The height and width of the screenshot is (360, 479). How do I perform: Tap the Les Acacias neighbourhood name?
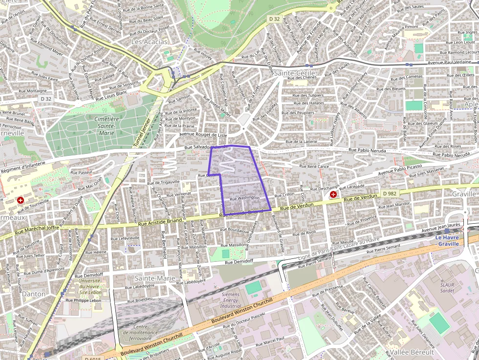(x=149, y=42)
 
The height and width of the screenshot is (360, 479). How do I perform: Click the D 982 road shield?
(x=390, y=193)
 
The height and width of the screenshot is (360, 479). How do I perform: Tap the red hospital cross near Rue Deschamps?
(x=333, y=194)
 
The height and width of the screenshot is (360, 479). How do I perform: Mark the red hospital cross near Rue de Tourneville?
(x=21, y=200)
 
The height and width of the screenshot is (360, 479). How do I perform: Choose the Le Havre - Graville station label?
(x=448, y=240)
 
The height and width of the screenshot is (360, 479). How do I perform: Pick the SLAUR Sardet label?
(x=447, y=287)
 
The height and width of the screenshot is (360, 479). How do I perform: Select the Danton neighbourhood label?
(x=34, y=294)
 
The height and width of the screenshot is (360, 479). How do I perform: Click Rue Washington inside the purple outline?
(x=244, y=198)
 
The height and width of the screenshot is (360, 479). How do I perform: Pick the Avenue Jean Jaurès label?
(x=442, y=227)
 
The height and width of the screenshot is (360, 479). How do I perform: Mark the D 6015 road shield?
(x=92, y=358)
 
